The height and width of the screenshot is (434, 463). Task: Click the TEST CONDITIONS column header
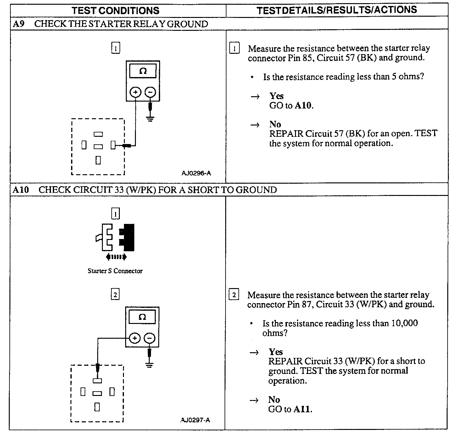115,10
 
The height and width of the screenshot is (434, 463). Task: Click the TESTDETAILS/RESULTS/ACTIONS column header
337,10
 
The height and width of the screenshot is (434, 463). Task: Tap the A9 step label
19,24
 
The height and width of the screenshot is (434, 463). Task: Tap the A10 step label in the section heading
21,190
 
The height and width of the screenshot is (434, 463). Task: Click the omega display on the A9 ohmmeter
143,71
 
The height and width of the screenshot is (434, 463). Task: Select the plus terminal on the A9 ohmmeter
136,92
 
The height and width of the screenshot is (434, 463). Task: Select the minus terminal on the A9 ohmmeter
150,92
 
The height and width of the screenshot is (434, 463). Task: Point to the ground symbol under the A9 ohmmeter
150,119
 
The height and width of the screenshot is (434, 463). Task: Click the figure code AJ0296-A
196,173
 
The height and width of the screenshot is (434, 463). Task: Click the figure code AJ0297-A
195,420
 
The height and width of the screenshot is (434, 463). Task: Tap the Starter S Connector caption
115,271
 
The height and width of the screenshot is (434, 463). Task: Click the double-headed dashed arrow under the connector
116,257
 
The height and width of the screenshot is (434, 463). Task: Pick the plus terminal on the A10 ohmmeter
135,338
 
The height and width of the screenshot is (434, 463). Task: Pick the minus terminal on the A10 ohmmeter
149,338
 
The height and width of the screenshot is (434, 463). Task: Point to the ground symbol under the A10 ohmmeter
149,365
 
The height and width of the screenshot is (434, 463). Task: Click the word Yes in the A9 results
276,96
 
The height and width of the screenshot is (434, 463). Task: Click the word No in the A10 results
274,400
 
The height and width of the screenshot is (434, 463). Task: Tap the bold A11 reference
302,409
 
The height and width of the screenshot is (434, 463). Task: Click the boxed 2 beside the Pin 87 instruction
234,295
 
